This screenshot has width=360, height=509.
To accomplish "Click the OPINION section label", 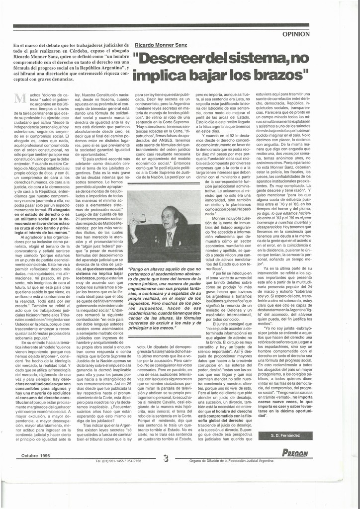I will (296, 34).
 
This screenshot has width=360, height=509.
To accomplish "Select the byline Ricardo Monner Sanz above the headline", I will (160, 45).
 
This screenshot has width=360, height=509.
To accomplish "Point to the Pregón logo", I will (294, 453).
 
